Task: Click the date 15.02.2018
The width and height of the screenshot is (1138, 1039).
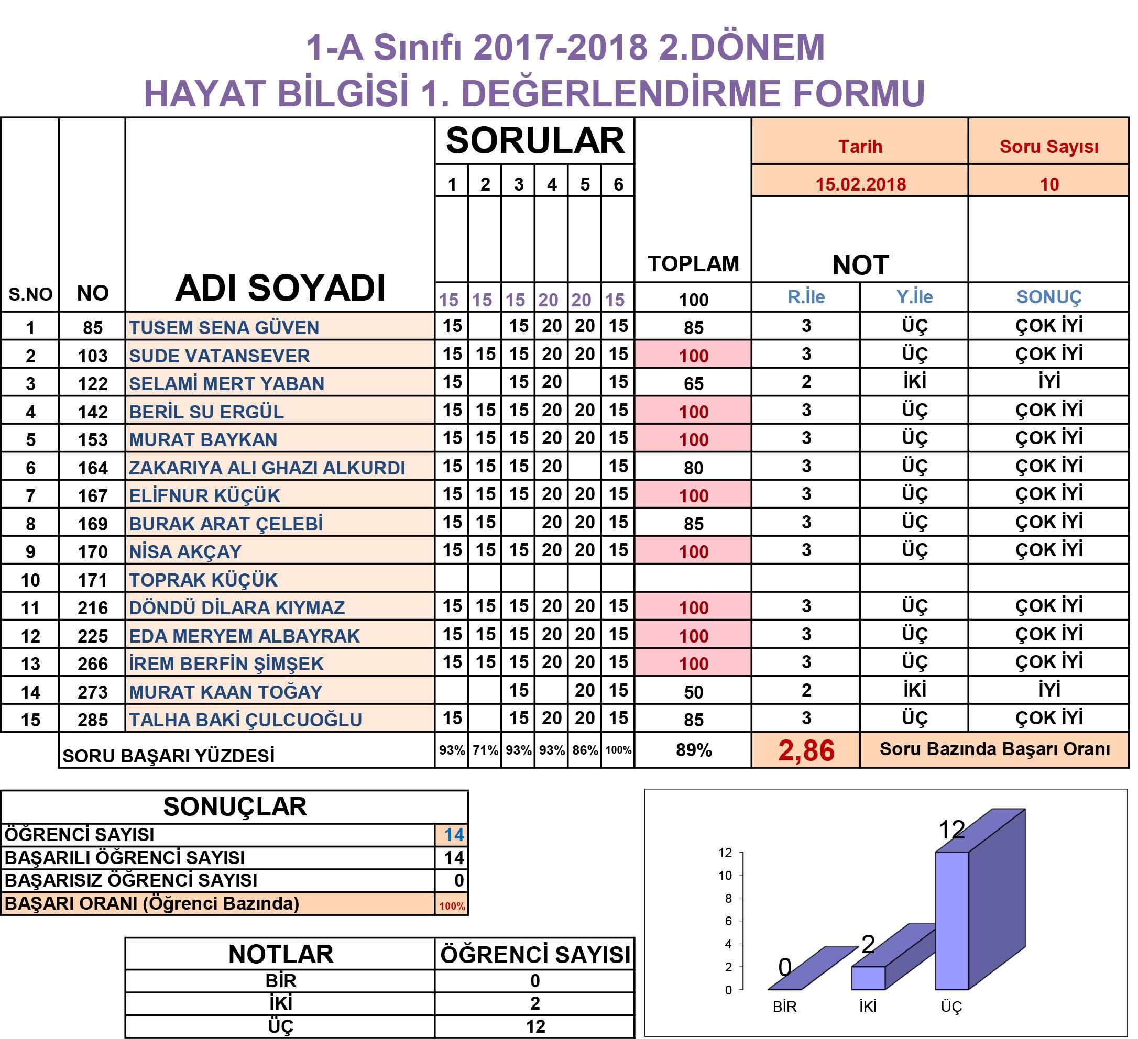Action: (860, 184)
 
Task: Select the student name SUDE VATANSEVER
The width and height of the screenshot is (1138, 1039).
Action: (219, 356)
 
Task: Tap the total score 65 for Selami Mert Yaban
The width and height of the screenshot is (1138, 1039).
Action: (693, 383)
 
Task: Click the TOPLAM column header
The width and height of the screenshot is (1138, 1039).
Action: (693, 263)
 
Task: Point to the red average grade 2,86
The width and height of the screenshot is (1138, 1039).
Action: (806, 751)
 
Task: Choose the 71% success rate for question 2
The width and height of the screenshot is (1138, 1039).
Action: (485, 750)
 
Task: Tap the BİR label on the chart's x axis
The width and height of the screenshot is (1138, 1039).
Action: (785, 1007)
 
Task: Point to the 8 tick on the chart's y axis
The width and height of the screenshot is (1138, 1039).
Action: (728, 899)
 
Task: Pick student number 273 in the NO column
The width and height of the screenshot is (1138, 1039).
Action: (93, 692)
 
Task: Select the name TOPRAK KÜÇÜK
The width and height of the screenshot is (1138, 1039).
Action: (203, 580)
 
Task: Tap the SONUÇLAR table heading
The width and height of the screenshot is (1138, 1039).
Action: (235, 806)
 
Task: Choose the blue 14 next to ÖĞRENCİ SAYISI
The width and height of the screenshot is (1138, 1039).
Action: (453, 835)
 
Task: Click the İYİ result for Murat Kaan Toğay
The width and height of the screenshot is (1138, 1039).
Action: (1049, 690)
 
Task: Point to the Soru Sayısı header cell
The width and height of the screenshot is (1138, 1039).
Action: (1049, 147)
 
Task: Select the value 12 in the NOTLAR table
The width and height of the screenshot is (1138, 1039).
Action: (534, 1026)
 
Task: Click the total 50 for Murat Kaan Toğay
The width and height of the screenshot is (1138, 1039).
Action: (693, 692)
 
